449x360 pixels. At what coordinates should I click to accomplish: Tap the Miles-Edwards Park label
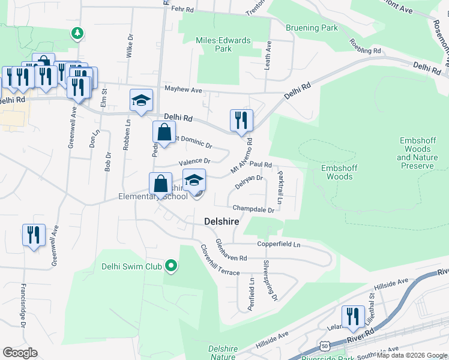pyautogui.click(x=214, y=44)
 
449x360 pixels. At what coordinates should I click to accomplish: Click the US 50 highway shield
pyautogui.click(x=325, y=347)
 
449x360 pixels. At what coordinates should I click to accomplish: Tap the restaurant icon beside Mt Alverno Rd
pyautogui.click(x=241, y=120)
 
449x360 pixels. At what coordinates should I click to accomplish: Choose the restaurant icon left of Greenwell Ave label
pyautogui.click(x=34, y=235)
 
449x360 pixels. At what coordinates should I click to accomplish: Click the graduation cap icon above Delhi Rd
pyautogui.click(x=141, y=101)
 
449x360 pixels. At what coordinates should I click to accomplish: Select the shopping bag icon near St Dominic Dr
pyautogui.click(x=164, y=133)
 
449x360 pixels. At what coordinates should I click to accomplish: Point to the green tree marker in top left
pyautogui.click(x=77, y=32)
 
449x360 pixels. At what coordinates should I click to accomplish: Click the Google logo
pyautogui.click(x=20, y=353)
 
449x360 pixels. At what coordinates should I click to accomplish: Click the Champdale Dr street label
pyautogui.click(x=253, y=209)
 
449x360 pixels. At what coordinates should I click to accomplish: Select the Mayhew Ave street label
pyautogui.click(x=184, y=89)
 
